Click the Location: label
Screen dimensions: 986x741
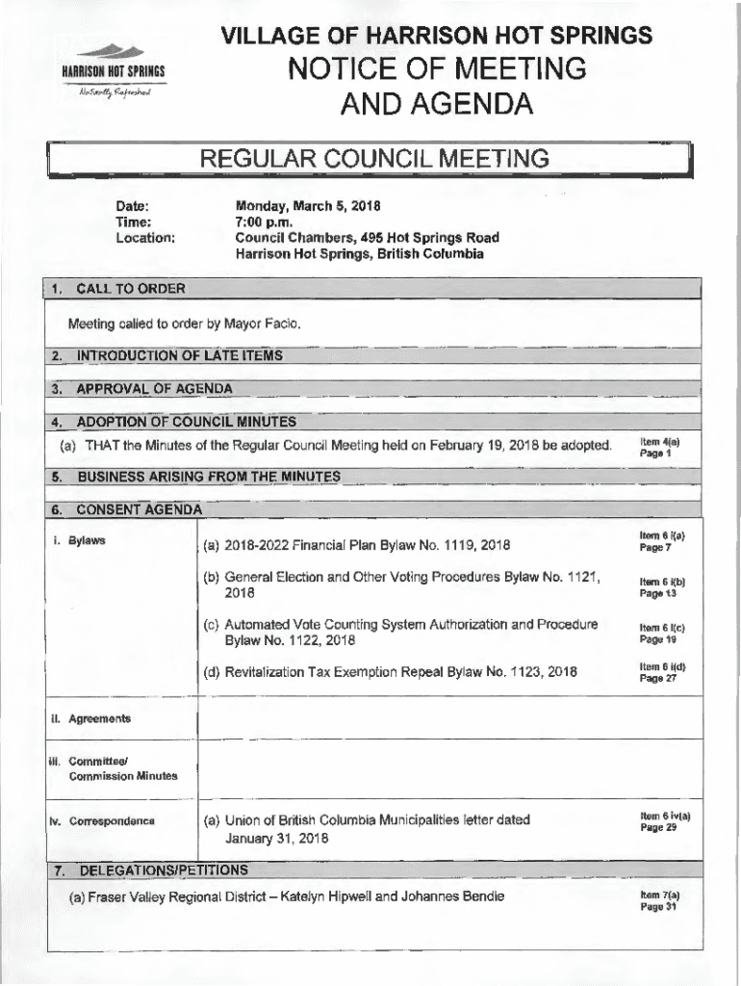pyautogui.click(x=145, y=238)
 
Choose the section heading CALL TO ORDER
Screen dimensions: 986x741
pyautogui.click(x=131, y=289)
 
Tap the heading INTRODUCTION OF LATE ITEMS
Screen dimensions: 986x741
pyautogui.click(x=180, y=356)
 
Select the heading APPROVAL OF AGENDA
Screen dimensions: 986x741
pyautogui.click(x=154, y=389)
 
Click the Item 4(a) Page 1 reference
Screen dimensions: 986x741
pyautogui.click(x=658, y=447)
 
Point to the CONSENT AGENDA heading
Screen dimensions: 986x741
pyautogui.click(x=139, y=508)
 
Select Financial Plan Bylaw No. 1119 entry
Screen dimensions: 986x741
pyautogui.click(x=356, y=546)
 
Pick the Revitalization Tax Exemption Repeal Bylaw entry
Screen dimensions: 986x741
pyautogui.click(x=390, y=672)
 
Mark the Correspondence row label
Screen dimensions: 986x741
pyautogui.click(x=103, y=821)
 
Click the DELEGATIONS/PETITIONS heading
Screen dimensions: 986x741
pyautogui.click(x=163, y=870)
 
